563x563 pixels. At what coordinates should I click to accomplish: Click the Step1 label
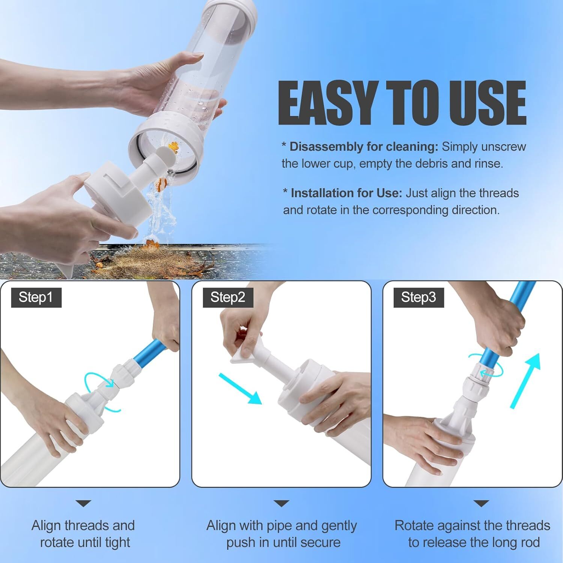click(x=36, y=297)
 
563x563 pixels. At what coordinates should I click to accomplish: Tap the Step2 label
click(x=228, y=297)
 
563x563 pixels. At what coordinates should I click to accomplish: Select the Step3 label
click(x=418, y=297)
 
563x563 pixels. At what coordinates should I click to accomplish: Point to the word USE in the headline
click(x=482, y=102)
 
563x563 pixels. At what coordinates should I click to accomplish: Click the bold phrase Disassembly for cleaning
click(x=364, y=146)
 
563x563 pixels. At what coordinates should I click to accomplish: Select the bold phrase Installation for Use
click(x=346, y=193)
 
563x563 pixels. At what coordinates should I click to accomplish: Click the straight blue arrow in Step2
click(x=240, y=388)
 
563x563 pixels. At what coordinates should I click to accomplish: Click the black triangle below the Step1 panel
click(x=83, y=503)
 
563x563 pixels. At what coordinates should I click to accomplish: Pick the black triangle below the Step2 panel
click(x=281, y=503)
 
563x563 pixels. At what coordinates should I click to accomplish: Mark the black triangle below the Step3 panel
click(x=481, y=503)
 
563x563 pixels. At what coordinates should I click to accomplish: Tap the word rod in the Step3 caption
click(x=530, y=542)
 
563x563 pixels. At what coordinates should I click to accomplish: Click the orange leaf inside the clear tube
click(x=173, y=146)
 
